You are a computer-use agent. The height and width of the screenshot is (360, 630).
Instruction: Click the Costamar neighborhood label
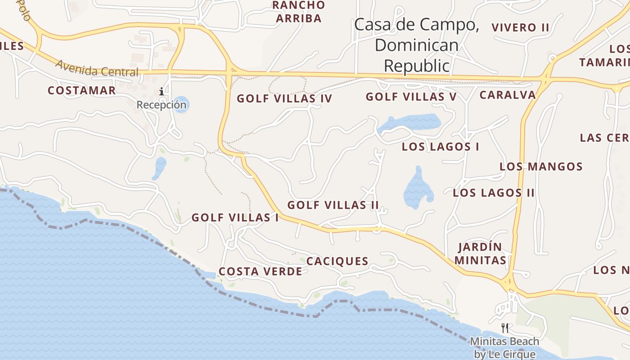81,90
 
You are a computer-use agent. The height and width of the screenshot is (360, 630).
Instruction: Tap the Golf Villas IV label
284,99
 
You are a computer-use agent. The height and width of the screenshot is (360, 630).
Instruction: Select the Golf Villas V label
411,97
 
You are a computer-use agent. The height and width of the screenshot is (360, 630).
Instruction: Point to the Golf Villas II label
333,205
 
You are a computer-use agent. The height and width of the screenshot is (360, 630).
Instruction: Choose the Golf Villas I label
235,218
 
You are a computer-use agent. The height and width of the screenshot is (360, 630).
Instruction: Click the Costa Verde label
260,272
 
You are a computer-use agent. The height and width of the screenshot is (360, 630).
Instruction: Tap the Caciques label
337,261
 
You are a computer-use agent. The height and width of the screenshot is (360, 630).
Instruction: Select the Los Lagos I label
440,147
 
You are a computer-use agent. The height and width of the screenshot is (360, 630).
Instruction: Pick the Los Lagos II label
494,193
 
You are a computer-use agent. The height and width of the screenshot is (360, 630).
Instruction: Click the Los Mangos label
541,167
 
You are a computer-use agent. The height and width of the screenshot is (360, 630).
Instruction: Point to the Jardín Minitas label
480,254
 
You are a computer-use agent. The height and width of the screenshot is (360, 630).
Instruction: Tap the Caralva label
508,95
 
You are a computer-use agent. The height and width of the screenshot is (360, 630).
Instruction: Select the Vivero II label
520,27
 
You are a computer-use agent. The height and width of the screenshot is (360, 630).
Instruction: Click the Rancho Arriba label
299,12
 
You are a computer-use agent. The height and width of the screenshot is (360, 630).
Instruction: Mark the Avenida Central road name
97,68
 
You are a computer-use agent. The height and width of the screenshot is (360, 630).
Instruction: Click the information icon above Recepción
162,92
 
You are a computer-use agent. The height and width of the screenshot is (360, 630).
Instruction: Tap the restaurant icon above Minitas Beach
505,328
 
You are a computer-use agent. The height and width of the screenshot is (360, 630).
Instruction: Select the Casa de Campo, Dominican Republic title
416,45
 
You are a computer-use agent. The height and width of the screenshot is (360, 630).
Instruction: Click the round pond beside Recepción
181,104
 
